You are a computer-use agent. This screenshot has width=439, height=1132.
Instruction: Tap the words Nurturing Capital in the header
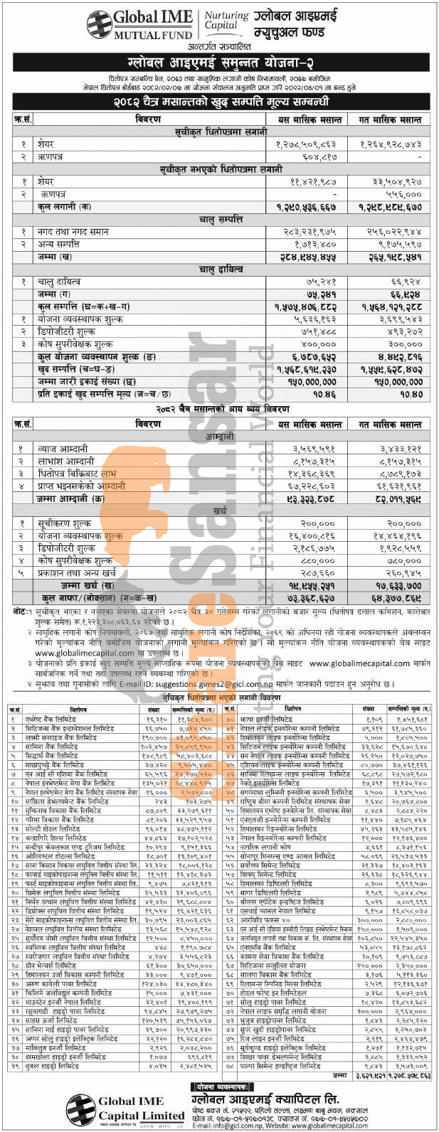click(x=226, y=21)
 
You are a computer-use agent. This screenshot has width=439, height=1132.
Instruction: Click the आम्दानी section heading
click(x=221, y=437)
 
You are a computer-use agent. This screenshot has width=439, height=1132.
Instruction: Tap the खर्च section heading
click(x=221, y=511)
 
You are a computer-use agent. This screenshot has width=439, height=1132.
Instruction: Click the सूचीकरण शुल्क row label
click(x=68, y=523)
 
